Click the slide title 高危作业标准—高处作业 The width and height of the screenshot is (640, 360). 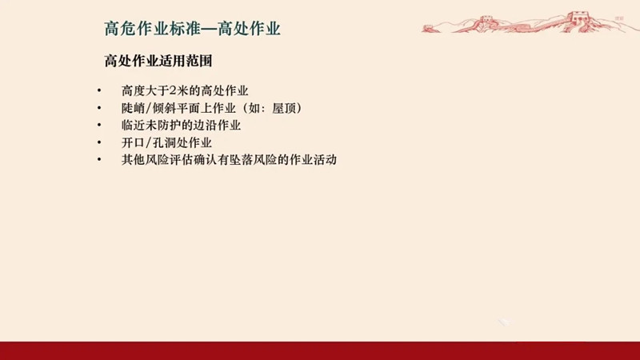(x=192, y=29)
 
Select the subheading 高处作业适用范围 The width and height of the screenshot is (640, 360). (x=158, y=61)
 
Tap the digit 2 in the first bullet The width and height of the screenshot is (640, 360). (x=173, y=90)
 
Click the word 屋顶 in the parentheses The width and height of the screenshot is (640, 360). (x=284, y=108)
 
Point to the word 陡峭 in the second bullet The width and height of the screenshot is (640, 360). (x=133, y=108)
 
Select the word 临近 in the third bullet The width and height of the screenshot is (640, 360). (x=133, y=126)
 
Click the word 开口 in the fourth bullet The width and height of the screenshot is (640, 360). (x=133, y=142)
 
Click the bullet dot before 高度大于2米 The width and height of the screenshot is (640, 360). (x=99, y=90)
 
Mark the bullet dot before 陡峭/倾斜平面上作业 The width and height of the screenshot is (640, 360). (x=99, y=108)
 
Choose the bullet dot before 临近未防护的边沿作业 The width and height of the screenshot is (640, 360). (x=99, y=126)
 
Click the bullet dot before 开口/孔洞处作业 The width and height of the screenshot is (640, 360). (x=99, y=142)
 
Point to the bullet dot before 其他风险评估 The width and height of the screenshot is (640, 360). (x=99, y=159)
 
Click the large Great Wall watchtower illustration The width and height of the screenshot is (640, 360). (x=579, y=21)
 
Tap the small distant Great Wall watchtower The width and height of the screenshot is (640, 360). (x=486, y=21)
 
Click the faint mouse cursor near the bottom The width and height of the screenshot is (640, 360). (x=504, y=322)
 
